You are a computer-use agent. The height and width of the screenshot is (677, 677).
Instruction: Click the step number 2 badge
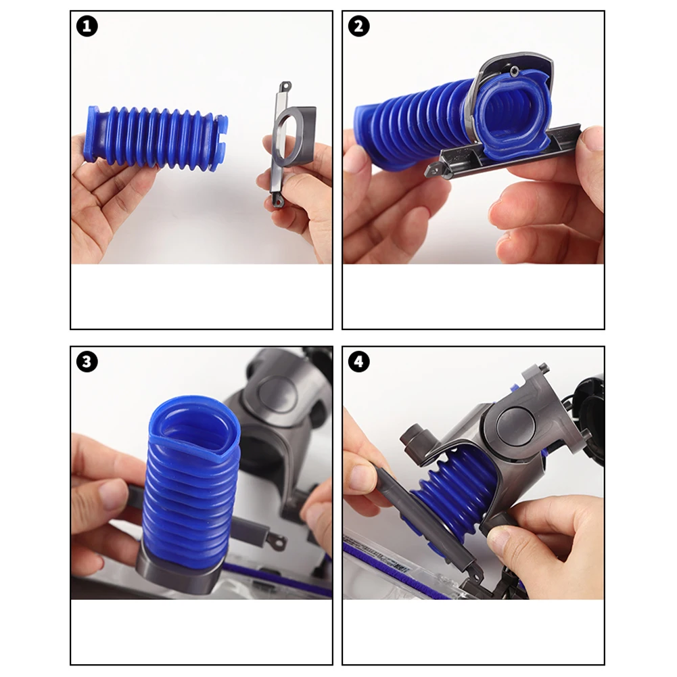pos(359,26)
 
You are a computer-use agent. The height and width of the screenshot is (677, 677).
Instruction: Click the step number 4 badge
pos(359,362)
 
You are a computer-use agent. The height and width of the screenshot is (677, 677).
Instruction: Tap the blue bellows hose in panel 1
pos(156,138)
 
